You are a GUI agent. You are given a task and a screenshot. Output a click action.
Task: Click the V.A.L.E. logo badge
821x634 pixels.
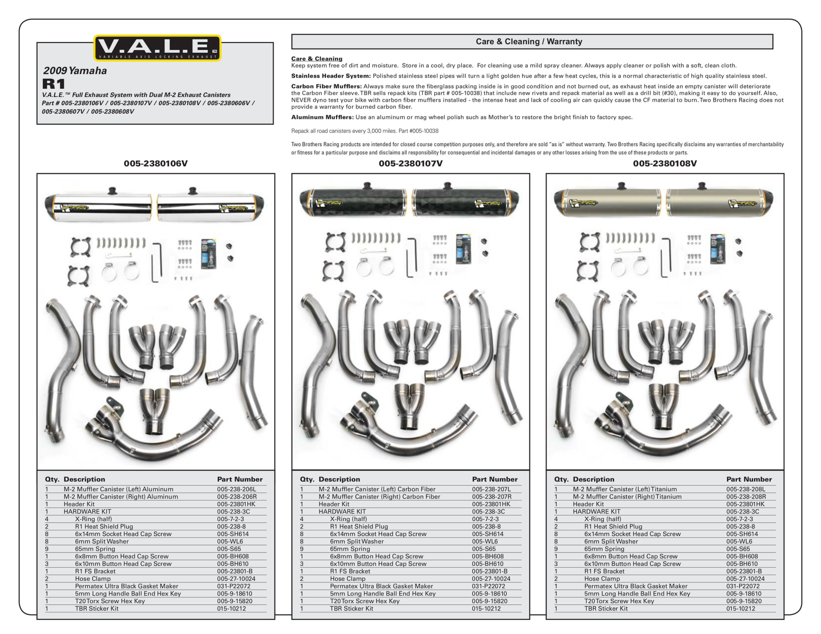pos(157,48)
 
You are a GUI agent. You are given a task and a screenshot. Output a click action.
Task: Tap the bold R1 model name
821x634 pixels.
pos(54,83)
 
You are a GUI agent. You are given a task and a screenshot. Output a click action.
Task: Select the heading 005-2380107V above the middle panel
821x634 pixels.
pos(410,163)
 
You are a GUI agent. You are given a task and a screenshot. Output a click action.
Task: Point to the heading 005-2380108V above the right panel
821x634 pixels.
pos(664,163)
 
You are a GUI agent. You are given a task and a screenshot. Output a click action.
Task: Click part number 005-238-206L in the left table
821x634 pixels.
pos(236,489)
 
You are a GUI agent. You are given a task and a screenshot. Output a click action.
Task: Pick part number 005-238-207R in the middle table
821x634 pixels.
pos(491,496)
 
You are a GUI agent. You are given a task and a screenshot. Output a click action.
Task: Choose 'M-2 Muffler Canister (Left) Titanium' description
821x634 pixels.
pos(625,489)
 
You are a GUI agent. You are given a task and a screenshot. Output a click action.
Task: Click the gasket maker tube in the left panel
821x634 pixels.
pos(208,254)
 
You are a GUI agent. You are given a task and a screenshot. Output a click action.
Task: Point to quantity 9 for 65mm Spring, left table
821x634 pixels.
pos(47,549)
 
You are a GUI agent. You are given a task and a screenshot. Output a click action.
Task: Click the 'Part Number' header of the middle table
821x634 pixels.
pos(495,479)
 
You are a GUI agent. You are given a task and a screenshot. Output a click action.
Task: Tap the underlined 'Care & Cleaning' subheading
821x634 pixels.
pos(317,59)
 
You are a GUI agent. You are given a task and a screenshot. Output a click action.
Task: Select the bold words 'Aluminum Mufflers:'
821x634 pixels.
pos(322,117)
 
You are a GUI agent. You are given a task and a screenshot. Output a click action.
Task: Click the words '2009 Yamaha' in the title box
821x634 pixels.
pos(75,71)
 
